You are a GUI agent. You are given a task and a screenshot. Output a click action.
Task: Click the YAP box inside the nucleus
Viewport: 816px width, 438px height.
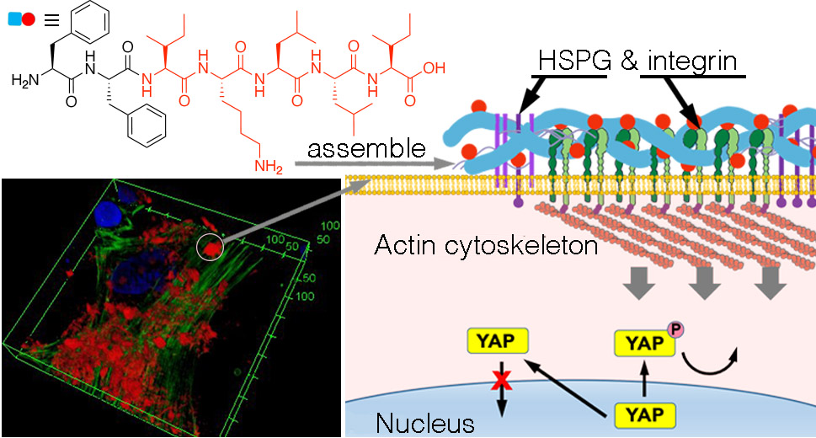(x=644, y=414)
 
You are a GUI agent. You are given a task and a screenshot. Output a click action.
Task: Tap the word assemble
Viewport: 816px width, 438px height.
(x=365, y=150)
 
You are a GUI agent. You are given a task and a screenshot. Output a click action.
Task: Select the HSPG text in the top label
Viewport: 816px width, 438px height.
(x=572, y=61)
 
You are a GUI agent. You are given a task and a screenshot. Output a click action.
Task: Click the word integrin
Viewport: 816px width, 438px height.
(x=696, y=61)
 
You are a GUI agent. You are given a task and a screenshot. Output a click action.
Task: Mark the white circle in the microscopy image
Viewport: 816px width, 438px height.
(x=211, y=247)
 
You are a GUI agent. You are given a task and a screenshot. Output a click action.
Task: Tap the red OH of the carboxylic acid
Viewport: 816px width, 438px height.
(x=435, y=68)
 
